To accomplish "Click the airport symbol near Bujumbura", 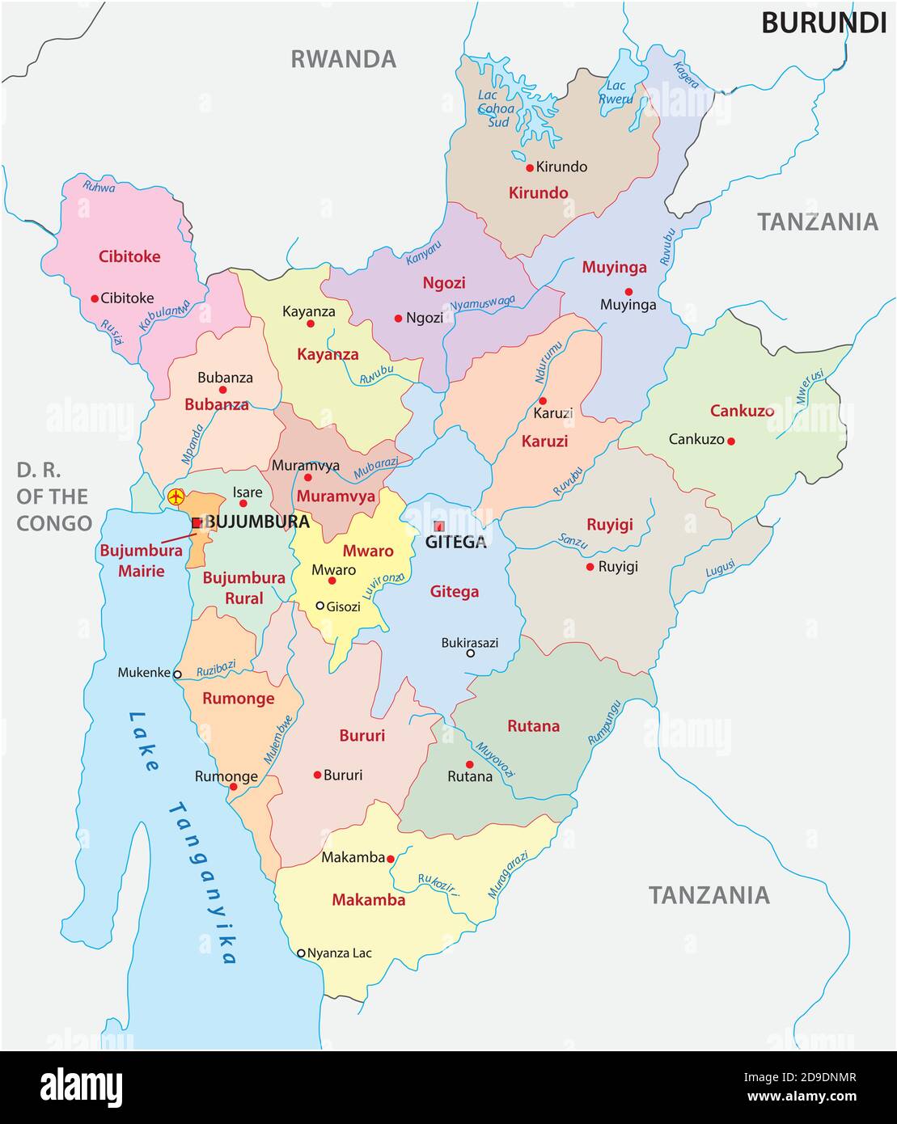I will [176, 497].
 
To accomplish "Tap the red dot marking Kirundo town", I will [530, 168].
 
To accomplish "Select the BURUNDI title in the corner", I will [823, 23].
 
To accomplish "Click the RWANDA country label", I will [344, 59].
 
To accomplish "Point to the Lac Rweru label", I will [616, 92].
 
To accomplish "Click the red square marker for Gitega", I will [439, 526].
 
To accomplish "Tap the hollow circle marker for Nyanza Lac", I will [301, 953].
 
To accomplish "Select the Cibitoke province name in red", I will [129, 257].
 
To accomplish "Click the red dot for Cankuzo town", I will [731, 441].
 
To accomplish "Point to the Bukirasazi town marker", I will [470, 653].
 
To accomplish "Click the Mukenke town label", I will [144, 672].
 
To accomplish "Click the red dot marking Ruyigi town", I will [590, 567].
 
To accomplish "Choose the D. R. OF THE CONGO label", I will [54, 497].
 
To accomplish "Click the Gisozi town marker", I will [320, 606].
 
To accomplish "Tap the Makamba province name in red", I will [369, 900].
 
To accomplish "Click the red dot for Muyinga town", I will [628, 292].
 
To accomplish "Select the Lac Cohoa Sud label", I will [495, 109].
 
